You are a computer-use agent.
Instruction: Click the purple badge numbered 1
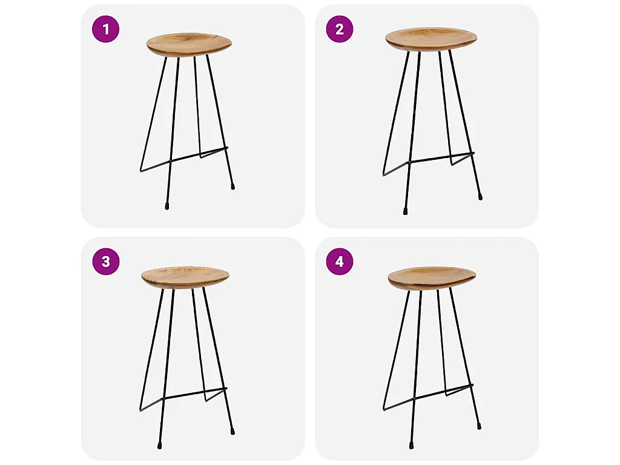(105, 29)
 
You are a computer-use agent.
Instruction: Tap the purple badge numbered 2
(340, 29)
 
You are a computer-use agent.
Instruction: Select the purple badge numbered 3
(105, 262)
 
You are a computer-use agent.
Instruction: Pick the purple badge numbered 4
(340, 262)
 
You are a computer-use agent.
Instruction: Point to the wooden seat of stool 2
(431, 39)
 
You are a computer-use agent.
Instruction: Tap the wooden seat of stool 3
(185, 277)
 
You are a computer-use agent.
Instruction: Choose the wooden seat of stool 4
(432, 279)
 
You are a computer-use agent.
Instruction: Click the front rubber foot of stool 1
(167, 206)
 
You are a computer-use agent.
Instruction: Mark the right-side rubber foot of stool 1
(232, 186)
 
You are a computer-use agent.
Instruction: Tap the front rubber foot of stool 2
(405, 211)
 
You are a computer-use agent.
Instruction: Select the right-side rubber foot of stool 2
(480, 196)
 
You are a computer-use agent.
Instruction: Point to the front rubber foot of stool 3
(159, 446)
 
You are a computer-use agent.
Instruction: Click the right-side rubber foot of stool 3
(232, 431)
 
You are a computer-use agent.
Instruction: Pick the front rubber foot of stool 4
(411, 445)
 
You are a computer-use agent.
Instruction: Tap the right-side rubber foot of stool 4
(479, 426)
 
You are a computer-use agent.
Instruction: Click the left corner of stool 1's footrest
(141, 170)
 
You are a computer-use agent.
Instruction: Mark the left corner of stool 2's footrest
(383, 174)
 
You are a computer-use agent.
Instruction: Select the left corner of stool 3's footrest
(140, 410)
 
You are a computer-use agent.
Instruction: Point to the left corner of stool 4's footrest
(384, 409)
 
